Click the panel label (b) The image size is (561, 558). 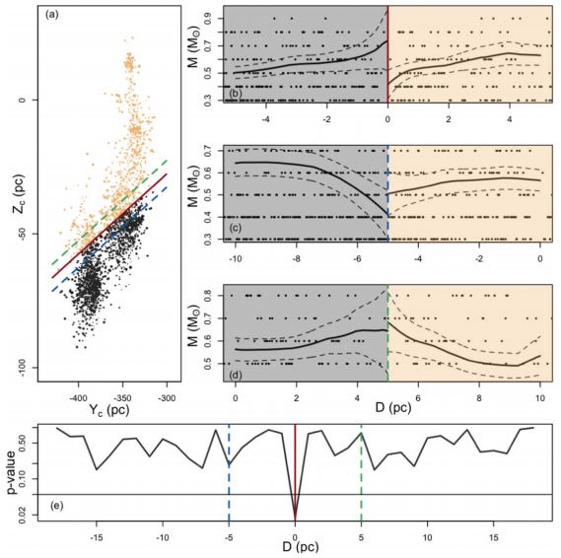tap(234, 95)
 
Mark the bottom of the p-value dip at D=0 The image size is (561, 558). tap(295, 516)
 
